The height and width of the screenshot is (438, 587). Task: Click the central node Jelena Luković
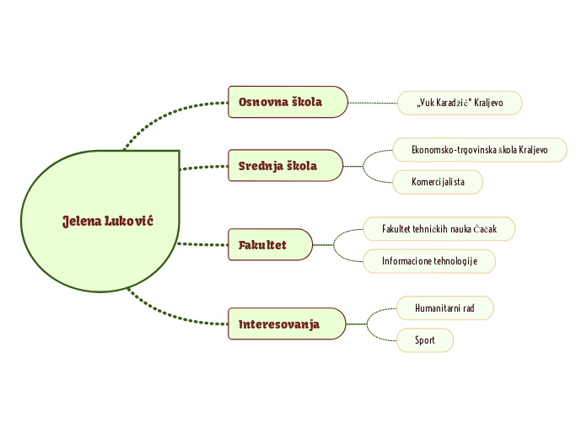[x=101, y=221]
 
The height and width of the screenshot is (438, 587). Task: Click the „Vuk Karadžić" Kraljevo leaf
[x=460, y=103]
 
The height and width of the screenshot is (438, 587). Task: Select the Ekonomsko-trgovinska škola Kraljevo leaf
[x=479, y=150]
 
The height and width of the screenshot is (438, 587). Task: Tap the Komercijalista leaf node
[x=438, y=182]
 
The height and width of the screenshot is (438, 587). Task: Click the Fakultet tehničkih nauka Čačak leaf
[x=439, y=229]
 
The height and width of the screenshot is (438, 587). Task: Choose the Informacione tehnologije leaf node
[x=429, y=261]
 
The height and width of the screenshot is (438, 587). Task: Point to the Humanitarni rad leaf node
[x=444, y=308]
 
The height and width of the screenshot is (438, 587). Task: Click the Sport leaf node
[x=425, y=340]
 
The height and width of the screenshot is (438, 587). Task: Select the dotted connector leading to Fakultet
[x=203, y=244]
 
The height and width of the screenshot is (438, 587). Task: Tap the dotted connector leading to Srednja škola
[x=203, y=168]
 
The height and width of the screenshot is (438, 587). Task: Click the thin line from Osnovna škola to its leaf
[x=373, y=103]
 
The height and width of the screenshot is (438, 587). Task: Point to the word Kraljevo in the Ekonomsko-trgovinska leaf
[x=531, y=150]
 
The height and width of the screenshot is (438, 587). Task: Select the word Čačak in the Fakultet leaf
[x=489, y=229]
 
